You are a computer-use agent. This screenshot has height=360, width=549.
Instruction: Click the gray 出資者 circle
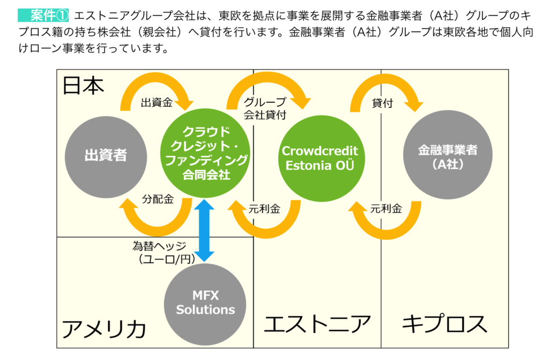point(106,157)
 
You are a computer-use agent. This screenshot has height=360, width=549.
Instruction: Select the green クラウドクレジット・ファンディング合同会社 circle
point(205,153)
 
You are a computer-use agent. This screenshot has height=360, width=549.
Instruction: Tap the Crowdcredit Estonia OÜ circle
point(322,159)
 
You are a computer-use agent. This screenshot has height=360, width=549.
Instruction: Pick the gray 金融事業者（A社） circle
point(448,155)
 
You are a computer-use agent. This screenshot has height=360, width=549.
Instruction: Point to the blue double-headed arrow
point(204,230)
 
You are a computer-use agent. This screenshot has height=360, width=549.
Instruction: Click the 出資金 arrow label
point(157,102)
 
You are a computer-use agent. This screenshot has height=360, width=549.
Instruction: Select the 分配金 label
point(158,199)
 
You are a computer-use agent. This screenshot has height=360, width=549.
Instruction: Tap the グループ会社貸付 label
point(265,108)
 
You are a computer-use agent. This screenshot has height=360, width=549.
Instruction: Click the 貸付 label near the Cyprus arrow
point(382,103)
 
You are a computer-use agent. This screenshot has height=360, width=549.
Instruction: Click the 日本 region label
point(83,86)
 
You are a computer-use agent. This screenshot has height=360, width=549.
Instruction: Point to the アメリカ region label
point(104,329)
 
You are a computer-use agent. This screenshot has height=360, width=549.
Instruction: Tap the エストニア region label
point(317,324)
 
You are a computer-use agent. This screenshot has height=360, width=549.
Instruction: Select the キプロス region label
point(444,324)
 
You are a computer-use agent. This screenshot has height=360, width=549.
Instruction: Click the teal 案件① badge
point(43,16)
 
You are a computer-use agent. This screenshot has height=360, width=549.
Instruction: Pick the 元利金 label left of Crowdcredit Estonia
point(264,209)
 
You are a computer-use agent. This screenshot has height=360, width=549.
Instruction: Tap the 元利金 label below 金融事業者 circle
point(386,208)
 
